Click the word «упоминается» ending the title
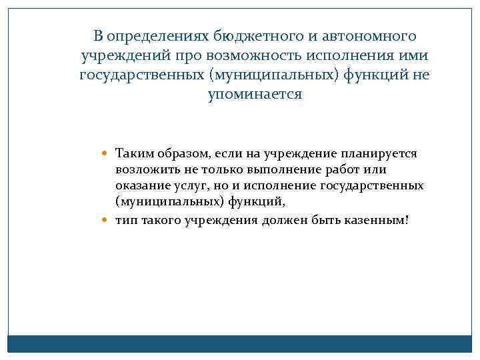(255, 95)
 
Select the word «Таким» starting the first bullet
(133, 154)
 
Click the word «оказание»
(141, 185)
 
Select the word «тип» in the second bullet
(125, 219)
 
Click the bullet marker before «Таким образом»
(109, 154)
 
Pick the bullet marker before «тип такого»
(109, 219)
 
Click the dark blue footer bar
(240, 343)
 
